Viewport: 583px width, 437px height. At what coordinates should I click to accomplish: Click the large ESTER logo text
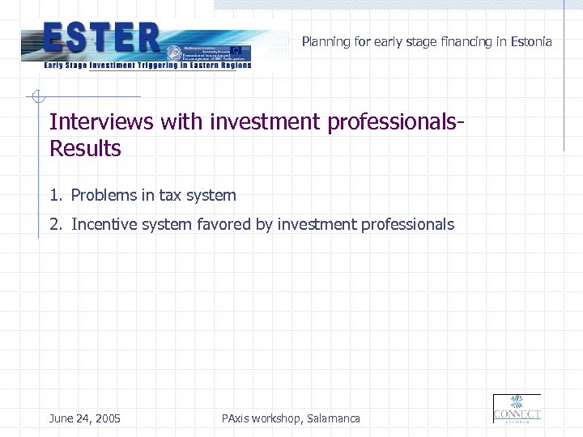click(100, 37)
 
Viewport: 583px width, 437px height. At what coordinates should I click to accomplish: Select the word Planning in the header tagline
click(326, 42)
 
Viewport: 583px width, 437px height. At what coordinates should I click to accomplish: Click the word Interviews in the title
click(101, 121)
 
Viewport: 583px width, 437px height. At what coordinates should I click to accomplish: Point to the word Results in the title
click(85, 149)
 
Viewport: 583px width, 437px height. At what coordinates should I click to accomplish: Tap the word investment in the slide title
click(265, 121)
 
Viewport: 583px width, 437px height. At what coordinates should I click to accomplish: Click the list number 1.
click(53, 195)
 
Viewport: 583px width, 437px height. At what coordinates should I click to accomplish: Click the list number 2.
click(53, 225)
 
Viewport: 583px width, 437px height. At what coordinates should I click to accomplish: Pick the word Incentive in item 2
click(104, 225)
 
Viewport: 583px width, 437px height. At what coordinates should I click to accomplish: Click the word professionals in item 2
click(407, 225)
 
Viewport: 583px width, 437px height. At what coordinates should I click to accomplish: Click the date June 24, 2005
click(84, 418)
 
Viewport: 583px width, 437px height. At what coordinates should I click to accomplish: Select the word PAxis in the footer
click(234, 418)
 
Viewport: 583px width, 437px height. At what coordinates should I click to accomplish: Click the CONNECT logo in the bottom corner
click(517, 409)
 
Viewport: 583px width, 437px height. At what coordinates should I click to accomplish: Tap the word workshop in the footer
click(278, 418)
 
